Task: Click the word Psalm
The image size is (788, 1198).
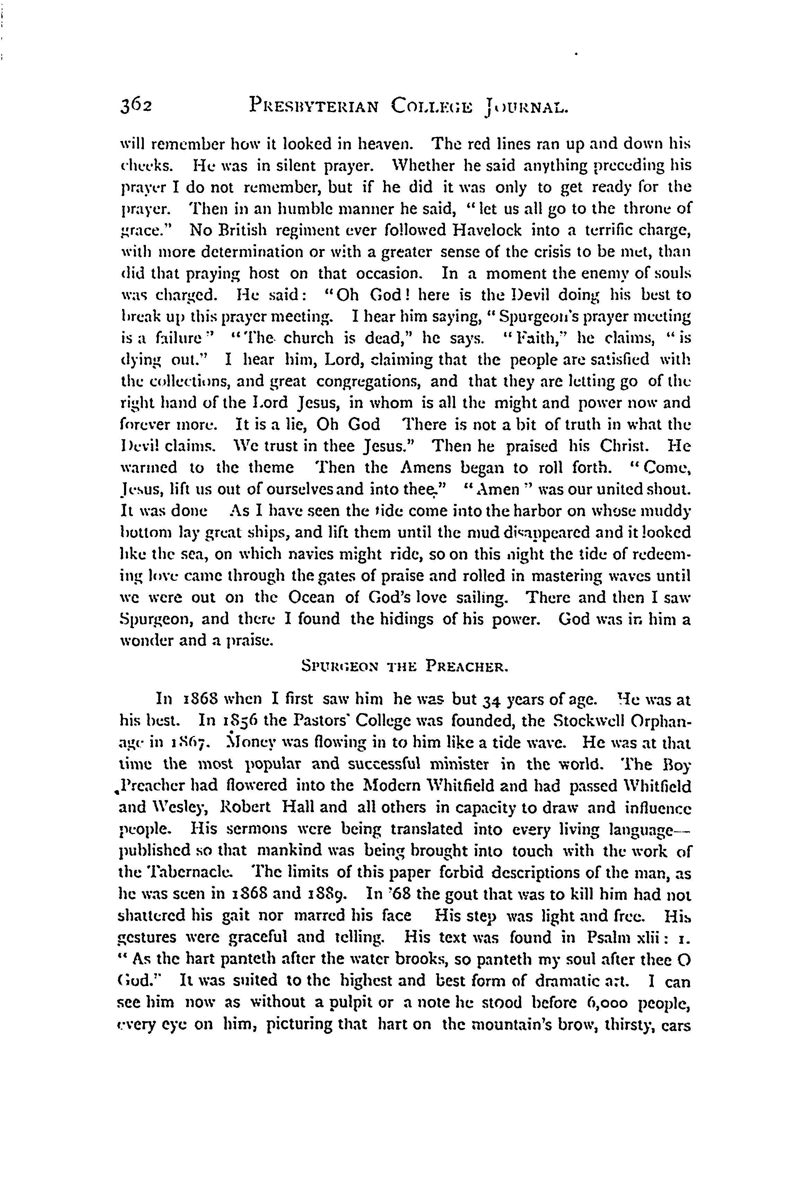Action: coord(607,937)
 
